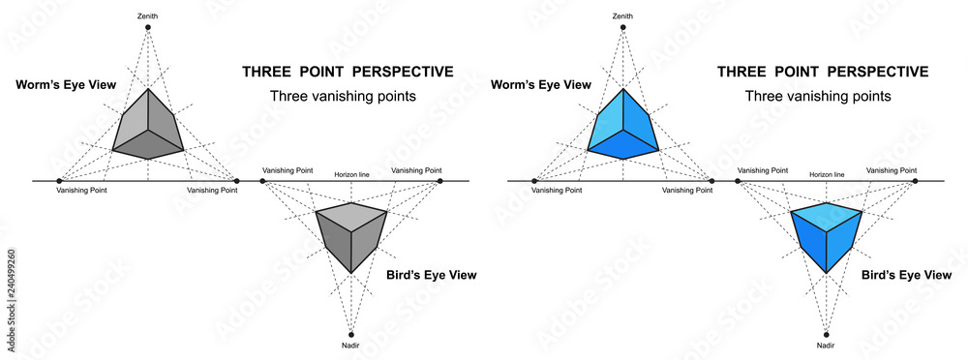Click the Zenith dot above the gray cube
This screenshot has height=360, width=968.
click(148, 27)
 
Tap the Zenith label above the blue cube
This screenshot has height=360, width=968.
click(623, 15)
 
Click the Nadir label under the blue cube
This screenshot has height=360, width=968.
click(826, 345)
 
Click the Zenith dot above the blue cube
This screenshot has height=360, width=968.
click(623, 27)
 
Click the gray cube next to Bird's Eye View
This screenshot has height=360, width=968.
click(351, 234)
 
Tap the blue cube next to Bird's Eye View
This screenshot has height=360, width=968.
click(826, 234)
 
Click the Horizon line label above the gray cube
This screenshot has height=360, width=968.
click(351, 174)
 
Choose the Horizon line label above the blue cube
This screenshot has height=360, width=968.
click(826, 174)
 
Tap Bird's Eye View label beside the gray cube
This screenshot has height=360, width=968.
click(431, 276)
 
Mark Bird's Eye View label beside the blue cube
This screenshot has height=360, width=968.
click(906, 276)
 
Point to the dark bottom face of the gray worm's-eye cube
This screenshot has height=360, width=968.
click(148, 147)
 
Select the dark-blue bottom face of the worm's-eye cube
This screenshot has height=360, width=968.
click(623, 147)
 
